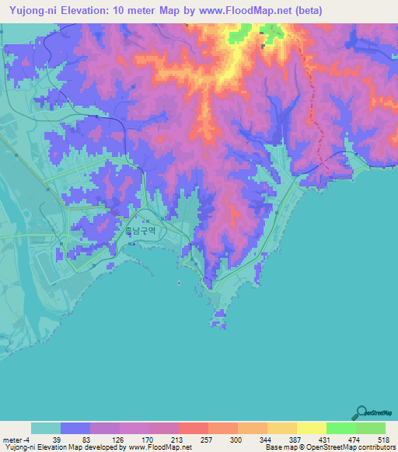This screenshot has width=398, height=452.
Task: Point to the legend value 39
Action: pyautogui.click(x=56, y=439)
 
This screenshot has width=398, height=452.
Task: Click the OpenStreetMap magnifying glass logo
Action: pyautogui.click(x=360, y=412)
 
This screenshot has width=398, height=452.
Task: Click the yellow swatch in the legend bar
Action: pyautogui.click(x=312, y=428)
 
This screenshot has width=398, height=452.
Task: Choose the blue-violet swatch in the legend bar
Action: pyautogui.click(x=75, y=428)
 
